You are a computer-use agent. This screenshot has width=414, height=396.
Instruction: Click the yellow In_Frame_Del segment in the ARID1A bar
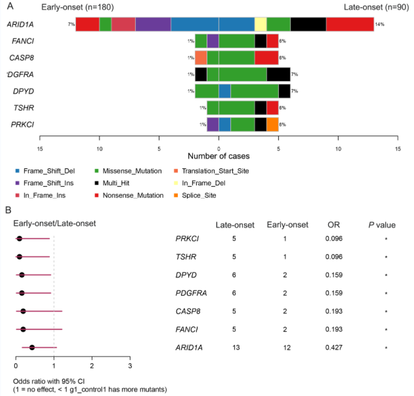[x=260, y=25]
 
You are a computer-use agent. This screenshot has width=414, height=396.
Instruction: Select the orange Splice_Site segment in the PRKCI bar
[x=272, y=125]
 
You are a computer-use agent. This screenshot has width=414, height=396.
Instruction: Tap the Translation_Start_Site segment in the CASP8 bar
[x=201, y=57]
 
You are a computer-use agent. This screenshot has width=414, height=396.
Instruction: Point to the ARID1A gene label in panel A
[x=19, y=25]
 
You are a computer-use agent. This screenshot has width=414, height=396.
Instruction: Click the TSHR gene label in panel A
[x=24, y=108]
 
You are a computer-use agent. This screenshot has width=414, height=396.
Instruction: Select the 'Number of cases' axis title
[x=219, y=156]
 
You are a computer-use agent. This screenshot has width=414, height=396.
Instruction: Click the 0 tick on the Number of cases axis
[x=219, y=148]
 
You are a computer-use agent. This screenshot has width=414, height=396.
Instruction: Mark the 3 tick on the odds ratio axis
[x=130, y=365]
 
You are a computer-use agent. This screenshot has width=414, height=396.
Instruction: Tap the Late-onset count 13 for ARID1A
[x=234, y=347]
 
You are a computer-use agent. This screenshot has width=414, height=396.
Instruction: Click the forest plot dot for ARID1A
[x=32, y=347]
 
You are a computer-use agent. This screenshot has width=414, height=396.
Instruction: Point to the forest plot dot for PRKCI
[x=19, y=238]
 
